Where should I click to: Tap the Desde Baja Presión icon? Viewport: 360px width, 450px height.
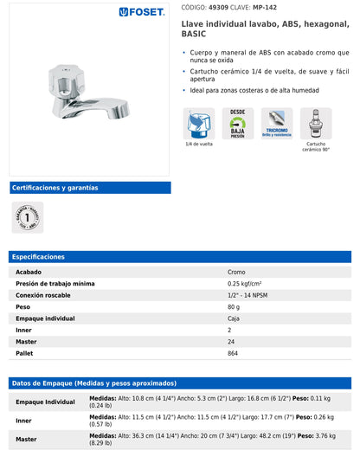coord(237,123)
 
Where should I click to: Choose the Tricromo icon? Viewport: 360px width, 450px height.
coord(277,123)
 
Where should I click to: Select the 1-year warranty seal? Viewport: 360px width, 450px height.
coord(28,217)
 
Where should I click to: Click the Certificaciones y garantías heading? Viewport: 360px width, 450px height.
coord(55,188)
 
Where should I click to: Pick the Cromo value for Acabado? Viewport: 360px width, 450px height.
coord(236,272)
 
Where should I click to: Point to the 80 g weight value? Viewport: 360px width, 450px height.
coord(234,306)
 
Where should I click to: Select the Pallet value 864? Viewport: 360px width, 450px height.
coord(234,353)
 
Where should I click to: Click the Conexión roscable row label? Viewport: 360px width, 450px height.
coord(43,295)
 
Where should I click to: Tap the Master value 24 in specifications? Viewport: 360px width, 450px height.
coord(230,342)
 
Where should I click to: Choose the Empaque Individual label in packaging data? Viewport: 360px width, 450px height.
coord(45,402)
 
